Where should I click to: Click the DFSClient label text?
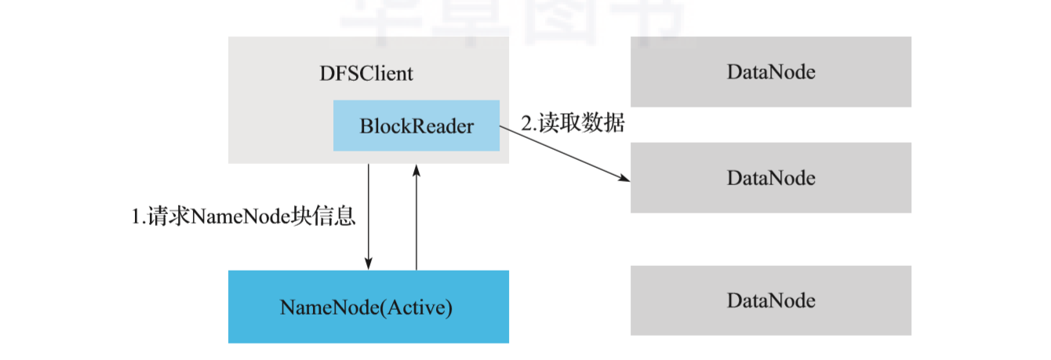(x=366, y=75)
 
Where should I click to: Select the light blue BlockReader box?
(x=416, y=125)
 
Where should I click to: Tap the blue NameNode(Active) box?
(x=368, y=307)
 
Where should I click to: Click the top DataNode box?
(x=771, y=72)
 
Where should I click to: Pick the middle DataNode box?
(x=771, y=178)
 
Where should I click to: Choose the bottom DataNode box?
(x=771, y=300)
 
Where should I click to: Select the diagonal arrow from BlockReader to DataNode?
(x=565, y=155)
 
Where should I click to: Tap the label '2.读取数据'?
(x=573, y=123)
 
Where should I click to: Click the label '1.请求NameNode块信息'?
(x=243, y=216)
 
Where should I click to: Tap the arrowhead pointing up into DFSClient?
(x=416, y=169)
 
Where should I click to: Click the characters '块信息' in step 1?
(x=329, y=216)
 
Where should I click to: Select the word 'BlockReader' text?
(x=416, y=125)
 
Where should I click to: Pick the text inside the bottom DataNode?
(x=771, y=300)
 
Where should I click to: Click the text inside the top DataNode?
(x=771, y=72)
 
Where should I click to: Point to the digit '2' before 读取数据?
(x=526, y=124)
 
